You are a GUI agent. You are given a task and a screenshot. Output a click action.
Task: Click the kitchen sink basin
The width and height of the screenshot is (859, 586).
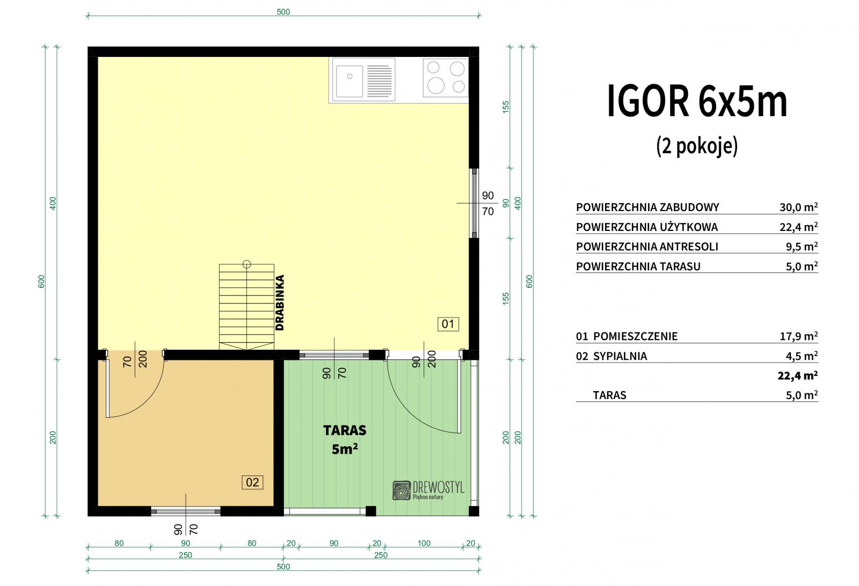pos(350,81)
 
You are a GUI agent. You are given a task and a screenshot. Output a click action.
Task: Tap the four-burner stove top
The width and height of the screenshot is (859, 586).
pos(446,77)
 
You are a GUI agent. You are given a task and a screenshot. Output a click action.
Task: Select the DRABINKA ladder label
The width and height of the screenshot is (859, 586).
pos(280,302)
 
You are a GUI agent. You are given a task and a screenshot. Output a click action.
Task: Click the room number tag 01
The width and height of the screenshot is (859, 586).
pos(448,324)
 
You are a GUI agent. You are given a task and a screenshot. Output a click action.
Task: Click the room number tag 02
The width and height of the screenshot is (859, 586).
pos(252,482)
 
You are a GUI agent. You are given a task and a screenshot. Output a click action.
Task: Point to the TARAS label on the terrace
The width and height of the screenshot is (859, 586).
pos(345,430)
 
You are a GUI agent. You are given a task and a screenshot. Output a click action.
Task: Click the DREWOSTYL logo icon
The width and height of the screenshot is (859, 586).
pos(402,490)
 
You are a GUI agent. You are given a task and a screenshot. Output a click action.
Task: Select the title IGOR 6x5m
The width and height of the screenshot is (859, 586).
pos(697,102)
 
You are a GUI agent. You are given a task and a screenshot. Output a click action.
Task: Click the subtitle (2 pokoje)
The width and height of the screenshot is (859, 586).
pos(697,146)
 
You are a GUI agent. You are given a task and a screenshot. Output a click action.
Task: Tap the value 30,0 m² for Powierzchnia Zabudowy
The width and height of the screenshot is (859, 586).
pos(798,207)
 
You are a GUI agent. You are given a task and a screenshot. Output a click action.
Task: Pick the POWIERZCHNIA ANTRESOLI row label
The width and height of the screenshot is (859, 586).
pos(647,247)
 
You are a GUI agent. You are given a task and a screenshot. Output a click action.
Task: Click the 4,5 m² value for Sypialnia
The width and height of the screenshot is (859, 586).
pos(802,356)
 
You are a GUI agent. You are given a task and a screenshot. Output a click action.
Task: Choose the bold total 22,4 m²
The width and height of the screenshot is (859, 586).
pos(798,375)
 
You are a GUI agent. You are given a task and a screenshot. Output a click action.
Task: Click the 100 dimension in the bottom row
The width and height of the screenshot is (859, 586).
pos(424,543)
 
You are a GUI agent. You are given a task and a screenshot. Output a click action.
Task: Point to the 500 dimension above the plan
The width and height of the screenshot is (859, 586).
pos(283,11)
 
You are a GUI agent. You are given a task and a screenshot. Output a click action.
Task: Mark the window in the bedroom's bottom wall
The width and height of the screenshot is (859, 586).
pos(186,511)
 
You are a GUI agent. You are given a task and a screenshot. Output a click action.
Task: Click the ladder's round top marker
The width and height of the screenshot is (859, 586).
pos(246,264)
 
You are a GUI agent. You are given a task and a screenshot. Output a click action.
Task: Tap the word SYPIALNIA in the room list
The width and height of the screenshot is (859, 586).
pos(620,356)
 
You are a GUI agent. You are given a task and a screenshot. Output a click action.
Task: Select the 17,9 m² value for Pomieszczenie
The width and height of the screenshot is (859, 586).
pos(799,336)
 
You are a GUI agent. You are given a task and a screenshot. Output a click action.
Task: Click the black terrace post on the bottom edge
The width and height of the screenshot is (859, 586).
pos(370,511)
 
